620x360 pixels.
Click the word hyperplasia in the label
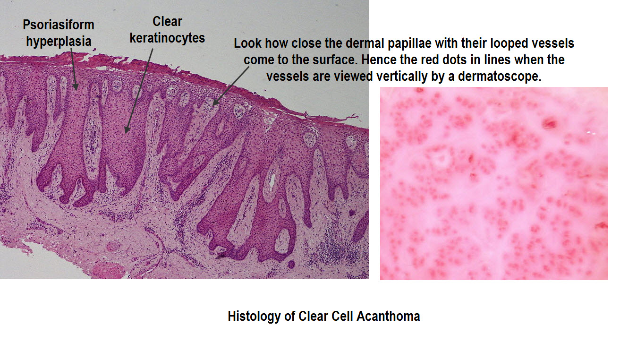[59, 41]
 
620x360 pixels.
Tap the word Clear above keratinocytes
[167, 21]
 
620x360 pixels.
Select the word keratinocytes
[167, 37]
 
